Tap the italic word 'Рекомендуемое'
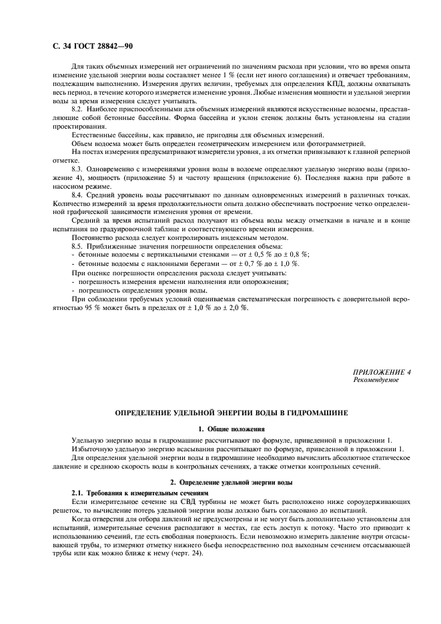[376, 379]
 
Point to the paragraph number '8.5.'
[79, 247]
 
